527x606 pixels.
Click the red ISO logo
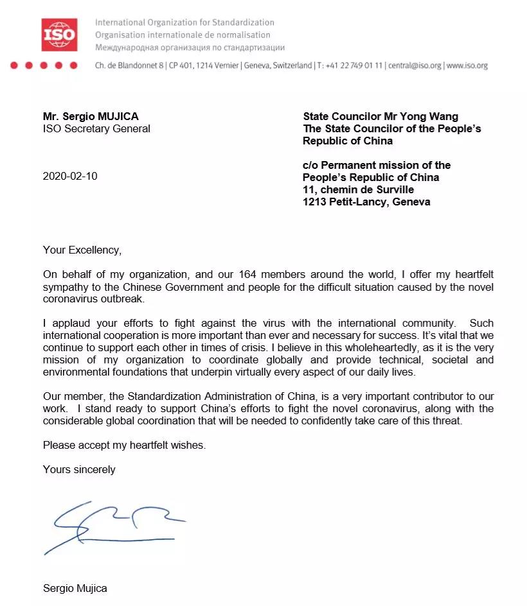click(60, 35)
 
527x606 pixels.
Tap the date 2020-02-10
click(70, 177)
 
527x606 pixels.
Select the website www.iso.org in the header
click(467, 65)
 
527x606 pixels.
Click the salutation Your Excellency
click(82, 250)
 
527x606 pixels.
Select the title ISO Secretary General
click(96, 128)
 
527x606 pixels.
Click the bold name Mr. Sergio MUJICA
click(91, 116)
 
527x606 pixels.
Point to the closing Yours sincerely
click(79, 469)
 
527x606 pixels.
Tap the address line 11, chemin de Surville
click(359, 189)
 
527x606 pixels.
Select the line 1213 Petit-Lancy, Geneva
click(366, 202)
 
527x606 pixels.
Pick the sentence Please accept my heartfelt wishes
click(124, 445)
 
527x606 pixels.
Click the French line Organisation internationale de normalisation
click(183, 35)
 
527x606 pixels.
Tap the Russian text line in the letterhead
click(190, 48)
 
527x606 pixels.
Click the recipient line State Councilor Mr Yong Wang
click(380, 116)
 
